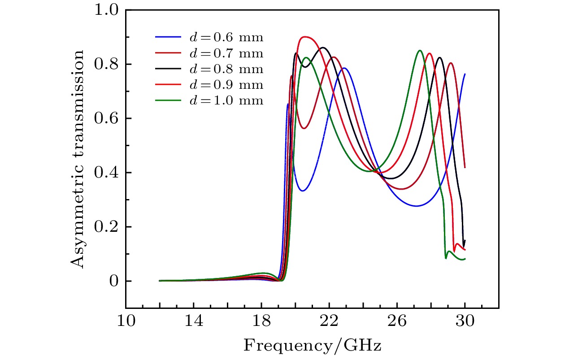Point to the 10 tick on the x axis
coord(126,321)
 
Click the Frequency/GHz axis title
coord(313,346)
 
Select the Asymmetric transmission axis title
coord(78,159)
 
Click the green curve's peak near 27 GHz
coord(420,51)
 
